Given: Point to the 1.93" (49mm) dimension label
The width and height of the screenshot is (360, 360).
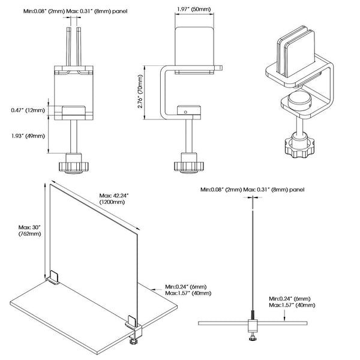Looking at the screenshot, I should (28, 135).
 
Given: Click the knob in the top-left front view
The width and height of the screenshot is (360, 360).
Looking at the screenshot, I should (73, 164).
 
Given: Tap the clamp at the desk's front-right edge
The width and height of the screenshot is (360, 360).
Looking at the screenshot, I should (134, 329).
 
